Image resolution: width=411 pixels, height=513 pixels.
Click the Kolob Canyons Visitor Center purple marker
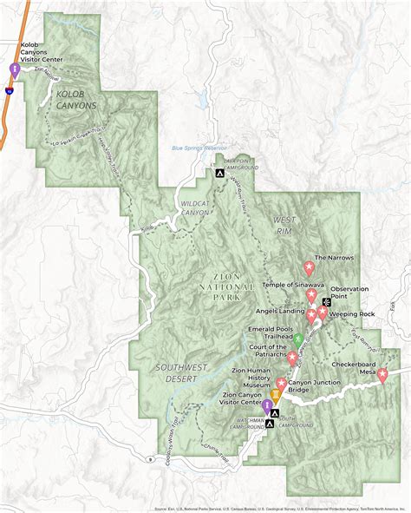[14, 69]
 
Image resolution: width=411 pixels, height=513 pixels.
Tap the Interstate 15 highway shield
[9, 89]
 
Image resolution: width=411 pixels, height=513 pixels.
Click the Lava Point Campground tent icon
[220, 174]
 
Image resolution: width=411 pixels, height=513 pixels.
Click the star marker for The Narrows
[308, 267]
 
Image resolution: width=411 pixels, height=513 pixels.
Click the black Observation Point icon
[326, 302]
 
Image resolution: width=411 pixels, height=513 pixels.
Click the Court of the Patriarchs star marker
[293, 357]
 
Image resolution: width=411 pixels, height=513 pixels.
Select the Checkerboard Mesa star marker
[382, 375]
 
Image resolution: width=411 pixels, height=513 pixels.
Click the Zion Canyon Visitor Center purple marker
[267, 405]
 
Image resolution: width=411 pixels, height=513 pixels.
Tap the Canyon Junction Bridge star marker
[282, 384]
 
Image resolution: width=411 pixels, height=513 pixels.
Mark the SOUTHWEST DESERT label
[182, 372]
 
